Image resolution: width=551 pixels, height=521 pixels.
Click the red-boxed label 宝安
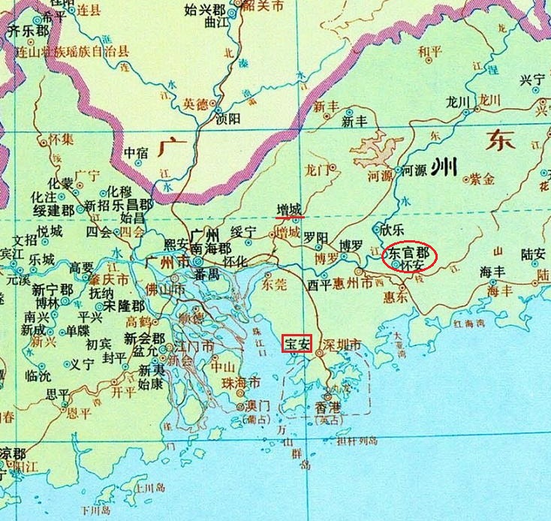click(x=296, y=345)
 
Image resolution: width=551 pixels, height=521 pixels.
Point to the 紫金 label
click(x=483, y=179)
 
